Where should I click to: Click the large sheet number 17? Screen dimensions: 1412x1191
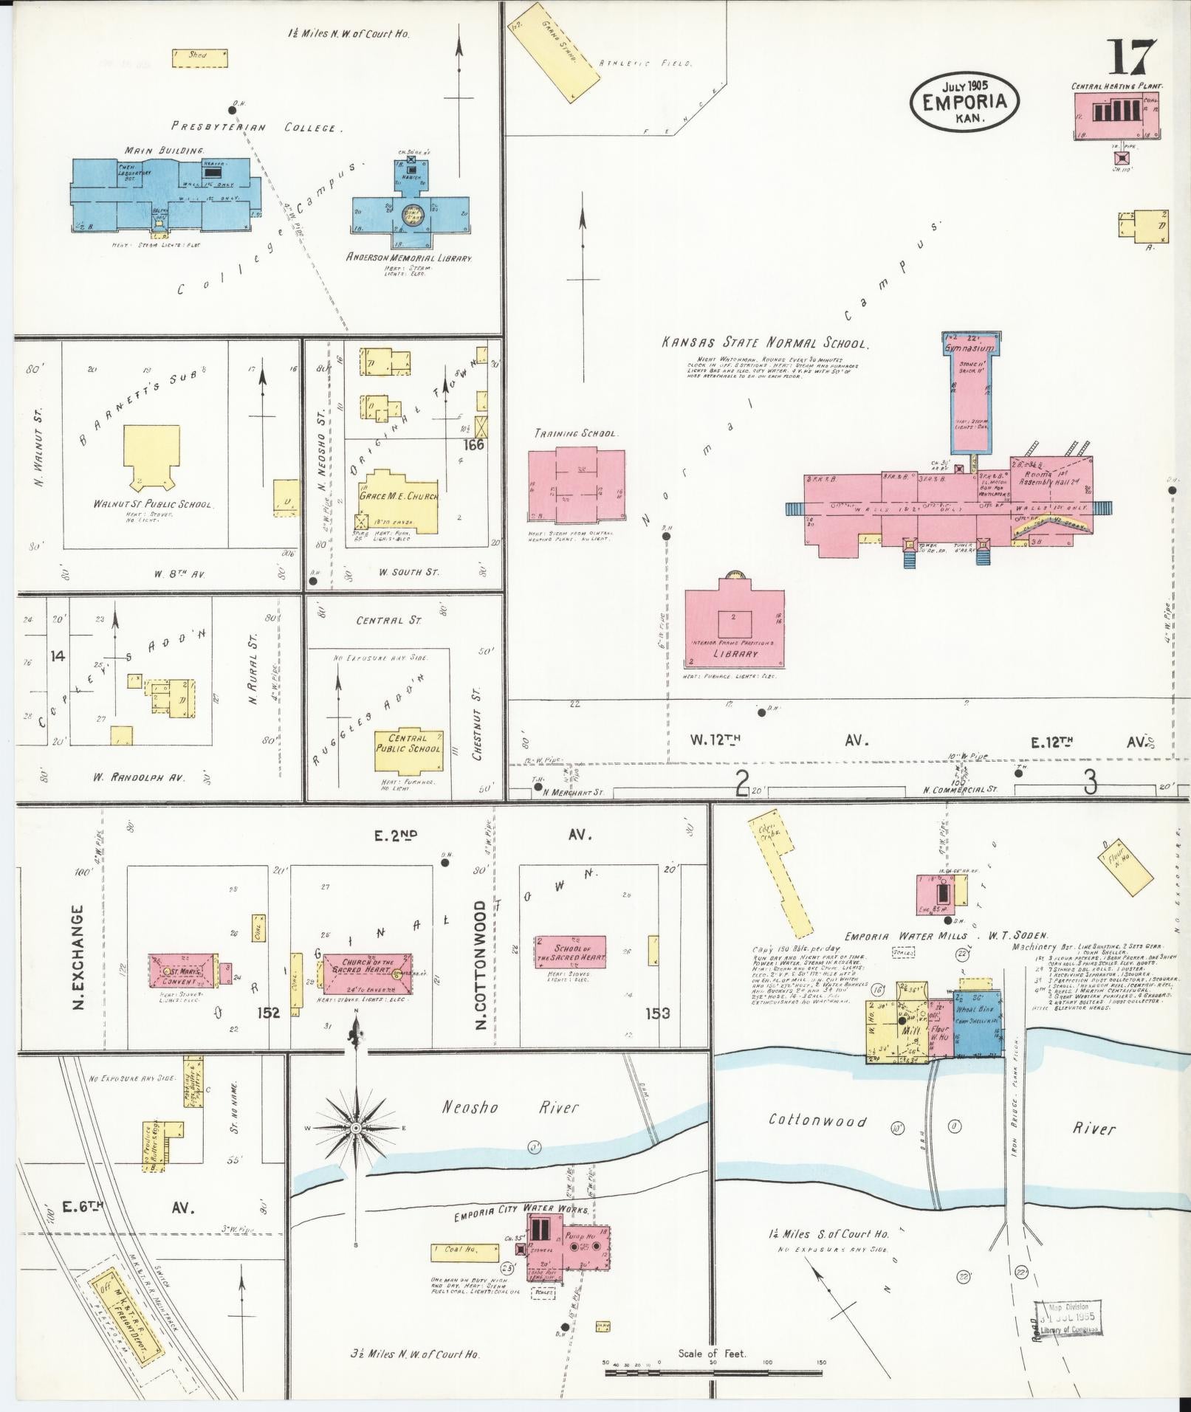1130,57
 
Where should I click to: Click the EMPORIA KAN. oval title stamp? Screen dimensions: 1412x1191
965,101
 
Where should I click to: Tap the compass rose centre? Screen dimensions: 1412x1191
356,1129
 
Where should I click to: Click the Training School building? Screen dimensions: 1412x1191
576,485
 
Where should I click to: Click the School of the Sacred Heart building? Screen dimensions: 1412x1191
570,951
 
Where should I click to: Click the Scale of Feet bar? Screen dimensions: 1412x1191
713,1374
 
